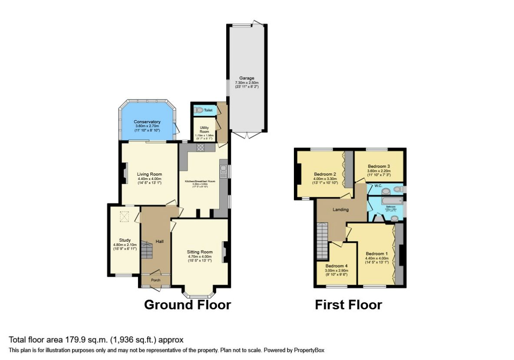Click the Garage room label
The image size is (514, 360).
(x=247, y=78)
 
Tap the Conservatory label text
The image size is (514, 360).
(x=147, y=122)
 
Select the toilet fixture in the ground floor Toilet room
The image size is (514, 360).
(x=199, y=110)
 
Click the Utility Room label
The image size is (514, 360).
(x=204, y=130)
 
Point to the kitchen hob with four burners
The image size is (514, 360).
(x=201, y=147)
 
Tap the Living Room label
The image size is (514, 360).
(x=149, y=174)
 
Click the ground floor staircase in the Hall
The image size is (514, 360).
(x=147, y=250)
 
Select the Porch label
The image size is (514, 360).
(x=155, y=280)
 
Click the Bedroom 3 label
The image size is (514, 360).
(x=379, y=166)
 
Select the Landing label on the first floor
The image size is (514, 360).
(x=341, y=209)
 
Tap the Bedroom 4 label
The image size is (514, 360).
(x=336, y=265)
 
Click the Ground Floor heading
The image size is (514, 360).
(x=187, y=305)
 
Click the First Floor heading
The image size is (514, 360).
(x=348, y=305)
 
